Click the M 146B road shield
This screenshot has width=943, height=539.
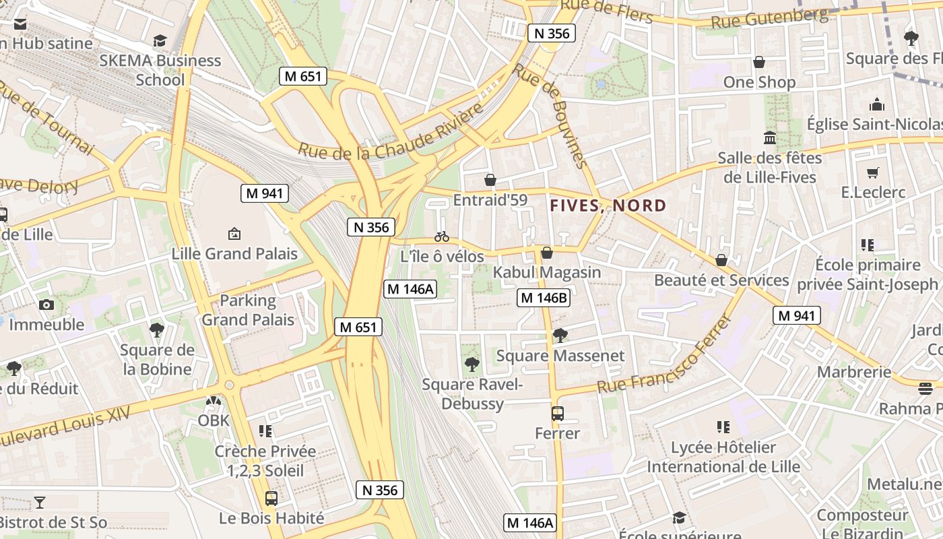tap(544, 298)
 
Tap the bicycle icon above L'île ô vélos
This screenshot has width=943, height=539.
tap(442, 236)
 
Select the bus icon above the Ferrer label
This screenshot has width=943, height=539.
tap(558, 414)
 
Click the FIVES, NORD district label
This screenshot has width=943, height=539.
tap(608, 206)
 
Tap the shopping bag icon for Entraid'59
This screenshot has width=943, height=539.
tap(490, 180)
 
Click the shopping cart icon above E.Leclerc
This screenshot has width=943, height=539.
tap(873, 173)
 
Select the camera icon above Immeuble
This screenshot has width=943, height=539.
tap(46, 305)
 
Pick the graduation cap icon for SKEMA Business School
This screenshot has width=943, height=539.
tap(160, 41)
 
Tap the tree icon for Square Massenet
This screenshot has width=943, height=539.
tap(560, 335)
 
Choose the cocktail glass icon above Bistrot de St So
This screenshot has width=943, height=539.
tap(40, 502)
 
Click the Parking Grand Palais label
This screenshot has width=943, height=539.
tap(248, 310)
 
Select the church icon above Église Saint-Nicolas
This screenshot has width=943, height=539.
tap(877, 104)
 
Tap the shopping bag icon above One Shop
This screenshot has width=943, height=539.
tap(759, 62)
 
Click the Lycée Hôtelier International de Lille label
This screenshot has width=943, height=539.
tap(723, 457)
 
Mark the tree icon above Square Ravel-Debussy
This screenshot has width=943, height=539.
tap(472, 364)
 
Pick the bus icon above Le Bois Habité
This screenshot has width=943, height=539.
tap(271, 499)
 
